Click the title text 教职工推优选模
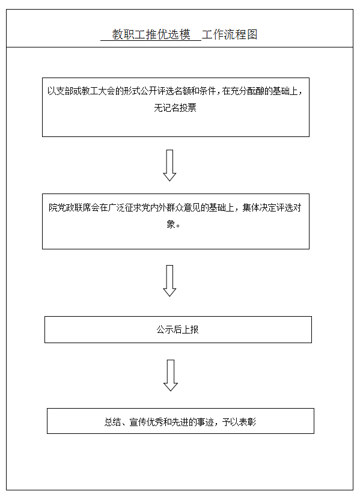point(151,34)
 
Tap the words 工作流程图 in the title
point(230,34)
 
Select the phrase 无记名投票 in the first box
point(175,108)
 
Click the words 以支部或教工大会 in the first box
point(81,91)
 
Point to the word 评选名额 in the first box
point(174,91)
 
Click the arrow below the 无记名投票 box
point(169,165)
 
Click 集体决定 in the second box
point(259,207)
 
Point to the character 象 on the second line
point(171,224)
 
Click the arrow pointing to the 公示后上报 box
point(169,281)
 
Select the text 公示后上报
point(178,329)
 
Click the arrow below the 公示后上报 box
point(171,376)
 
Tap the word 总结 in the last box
point(113,422)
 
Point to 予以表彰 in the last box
point(239,422)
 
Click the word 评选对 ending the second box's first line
point(288,207)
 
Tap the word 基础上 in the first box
point(285,91)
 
